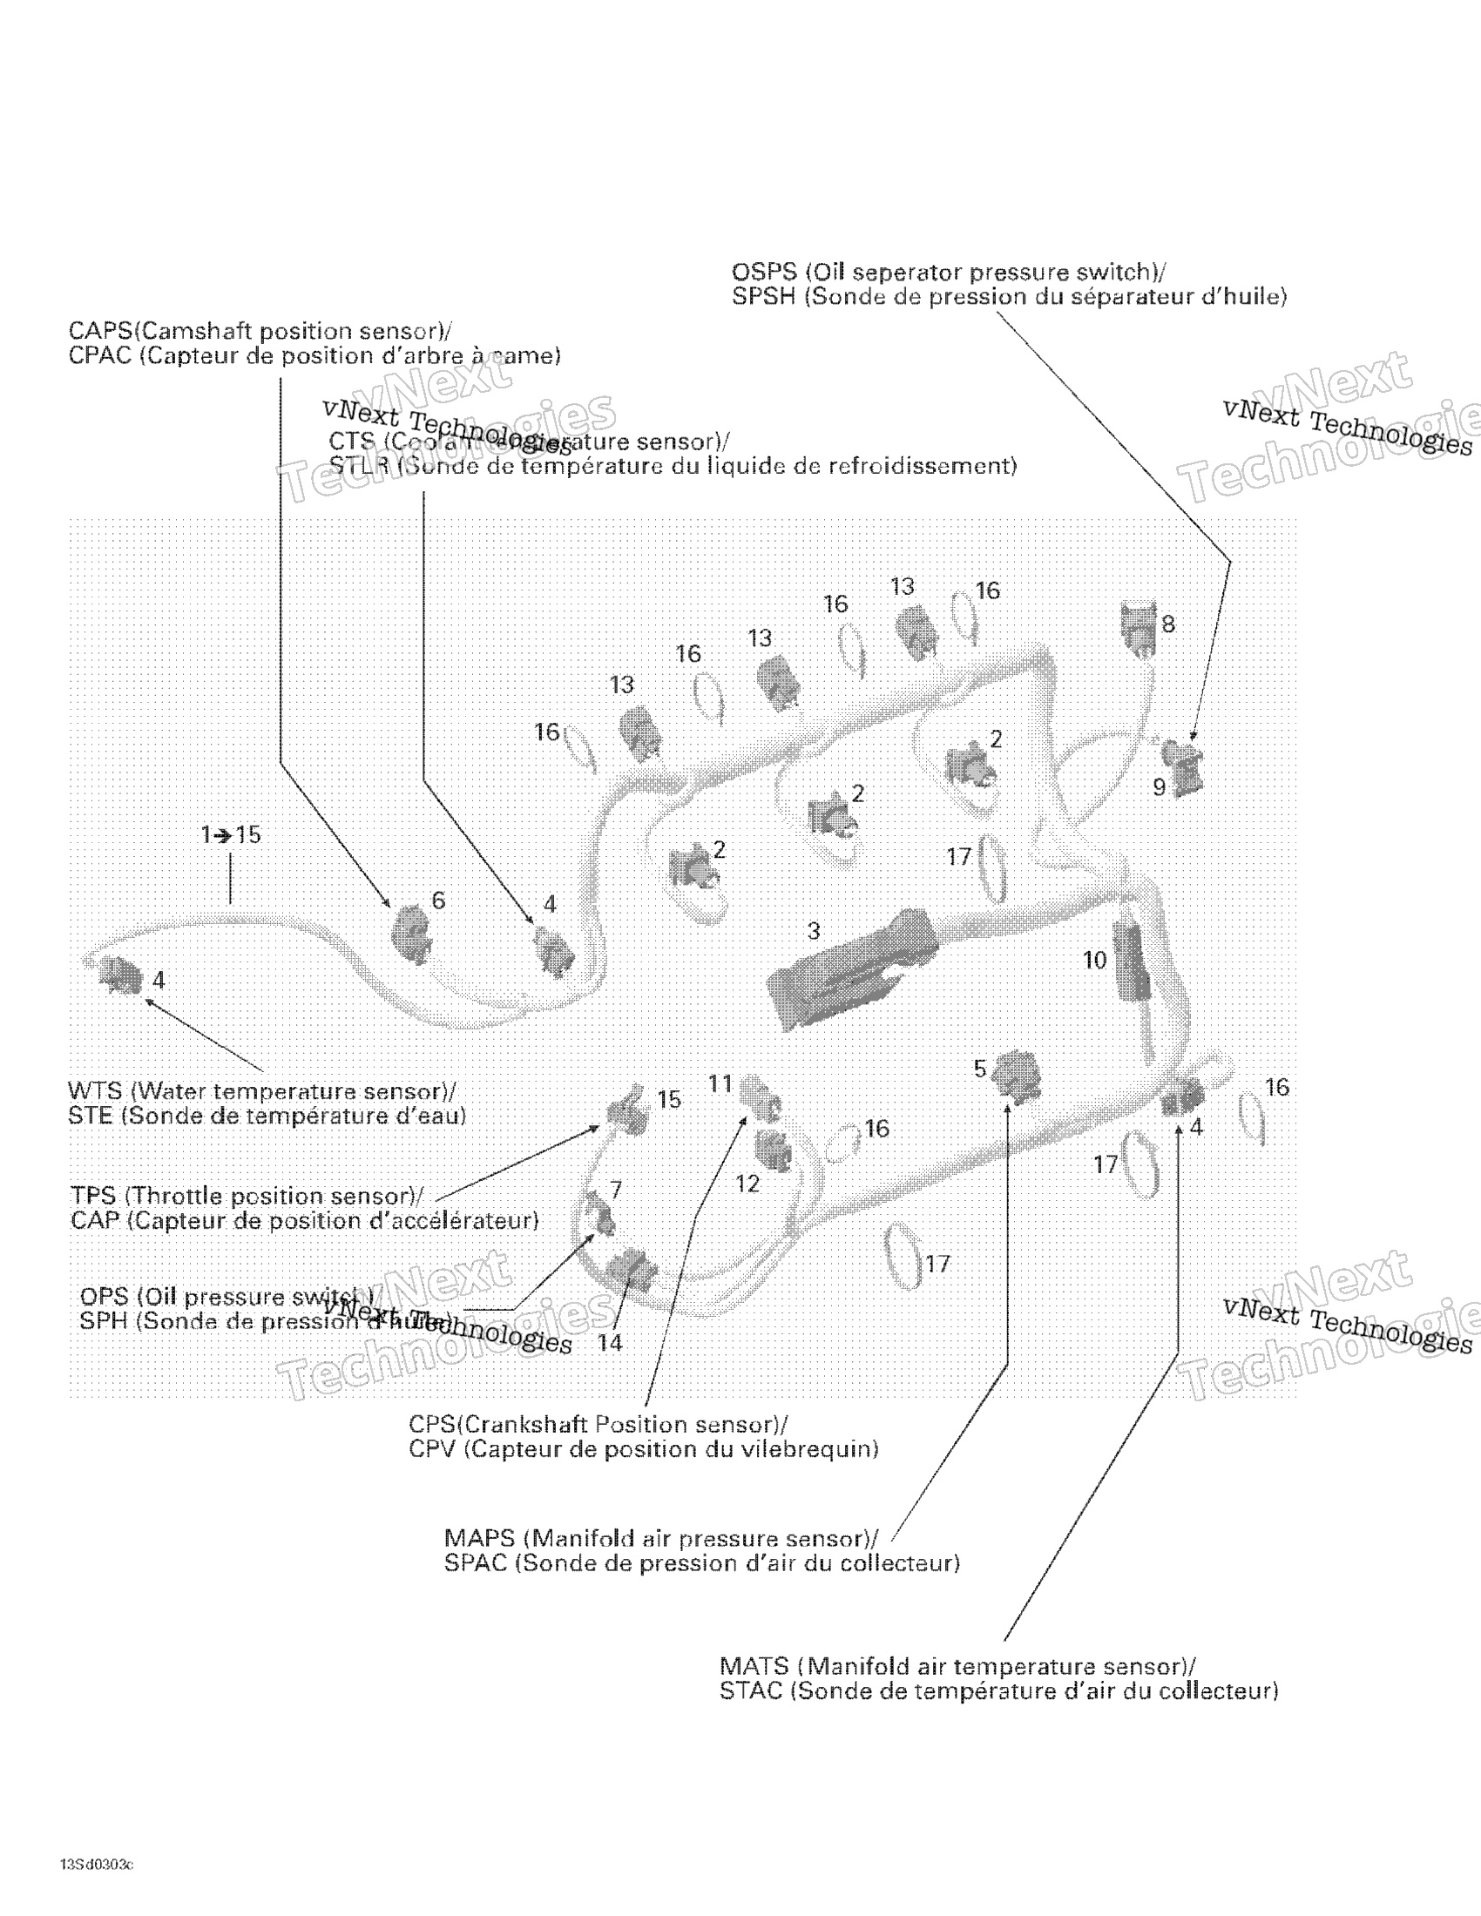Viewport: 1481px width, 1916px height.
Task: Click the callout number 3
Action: [814, 930]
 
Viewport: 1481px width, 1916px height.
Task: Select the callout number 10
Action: [1094, 961]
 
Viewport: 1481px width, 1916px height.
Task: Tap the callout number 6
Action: [438, 900]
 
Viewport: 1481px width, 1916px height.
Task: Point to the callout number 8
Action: [1167, 624]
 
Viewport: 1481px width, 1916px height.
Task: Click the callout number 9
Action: [1159, 787]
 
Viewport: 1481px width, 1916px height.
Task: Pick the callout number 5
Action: [980, 1069]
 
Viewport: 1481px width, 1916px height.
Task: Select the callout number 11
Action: [720, 1084]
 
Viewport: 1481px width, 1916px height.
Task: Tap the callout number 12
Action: [747, 1184]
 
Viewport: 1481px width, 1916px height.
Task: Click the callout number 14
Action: [610, 1343]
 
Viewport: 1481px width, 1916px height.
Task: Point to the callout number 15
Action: [668, 1099]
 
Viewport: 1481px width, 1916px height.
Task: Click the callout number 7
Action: [616, 1191]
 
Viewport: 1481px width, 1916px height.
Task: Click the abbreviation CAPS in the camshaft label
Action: [100, 332]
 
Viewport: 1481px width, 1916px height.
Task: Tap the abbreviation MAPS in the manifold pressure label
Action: [479, 1539]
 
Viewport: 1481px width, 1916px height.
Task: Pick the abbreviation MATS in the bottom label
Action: [754, 1666]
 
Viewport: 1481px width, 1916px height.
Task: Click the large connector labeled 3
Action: [851, 974]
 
